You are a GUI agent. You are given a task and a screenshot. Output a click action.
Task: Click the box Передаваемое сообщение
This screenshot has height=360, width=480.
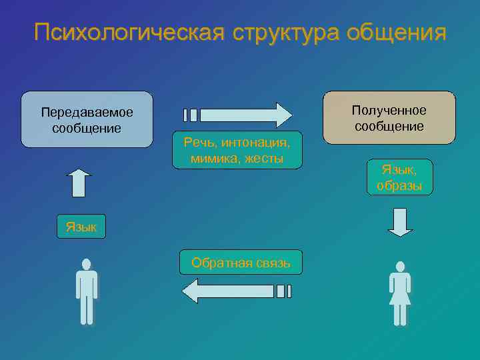point(87,119)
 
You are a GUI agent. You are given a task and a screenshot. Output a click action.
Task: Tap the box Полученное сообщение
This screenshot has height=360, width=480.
point(389,118)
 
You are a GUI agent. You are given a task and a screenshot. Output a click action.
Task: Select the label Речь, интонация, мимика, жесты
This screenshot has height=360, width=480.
point(237,150)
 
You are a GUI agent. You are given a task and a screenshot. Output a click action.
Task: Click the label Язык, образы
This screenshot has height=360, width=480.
point(399,177)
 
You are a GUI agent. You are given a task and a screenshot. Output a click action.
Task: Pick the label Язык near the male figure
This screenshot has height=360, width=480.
point(81,227)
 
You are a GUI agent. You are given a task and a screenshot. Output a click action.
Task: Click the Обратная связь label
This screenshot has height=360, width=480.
point(241,262)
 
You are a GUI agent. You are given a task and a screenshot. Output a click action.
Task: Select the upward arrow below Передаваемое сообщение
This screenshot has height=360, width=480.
point(79,183)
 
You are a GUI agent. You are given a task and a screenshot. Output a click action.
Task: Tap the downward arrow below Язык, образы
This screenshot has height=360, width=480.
point(400,223)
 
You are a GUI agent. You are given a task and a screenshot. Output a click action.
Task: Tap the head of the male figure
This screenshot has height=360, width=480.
point(87,264)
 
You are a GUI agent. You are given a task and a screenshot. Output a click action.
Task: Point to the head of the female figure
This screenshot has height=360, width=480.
point(400,267)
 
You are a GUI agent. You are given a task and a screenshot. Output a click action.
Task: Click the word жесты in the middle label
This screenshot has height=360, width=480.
point(263,159)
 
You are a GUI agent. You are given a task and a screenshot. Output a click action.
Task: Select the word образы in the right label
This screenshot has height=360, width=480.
point(399,185)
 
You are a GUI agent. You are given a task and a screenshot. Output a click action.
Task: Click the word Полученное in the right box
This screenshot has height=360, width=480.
point(389,110)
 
